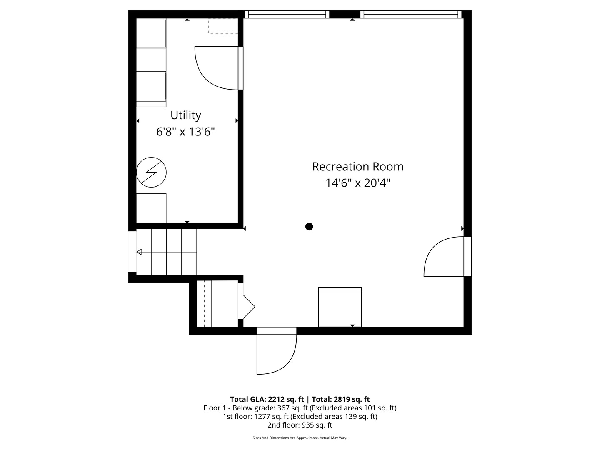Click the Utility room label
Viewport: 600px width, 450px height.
pyautogui.click(x=185, y=115)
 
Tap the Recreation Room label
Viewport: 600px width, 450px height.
pyautogui.click(x=358, y=167)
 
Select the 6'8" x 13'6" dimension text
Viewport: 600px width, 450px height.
pyautogui.click(x=185, y=132)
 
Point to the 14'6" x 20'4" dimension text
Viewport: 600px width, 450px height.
pyautogui.click(x=358, y=183)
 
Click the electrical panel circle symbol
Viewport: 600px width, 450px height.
pyautogui.click(x=151, y=172)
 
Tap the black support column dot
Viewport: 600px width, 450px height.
pyautogui.click(x=309, y=227)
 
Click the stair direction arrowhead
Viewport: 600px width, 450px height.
pyautogui.click(x=139, y=252)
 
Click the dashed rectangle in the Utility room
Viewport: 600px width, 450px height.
pyautogui.click(x=223, y=26)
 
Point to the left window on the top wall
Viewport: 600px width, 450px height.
pyautogui.click(x=287, y=14)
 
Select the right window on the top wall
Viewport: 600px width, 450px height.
pyautogui.click(x=411, y=14)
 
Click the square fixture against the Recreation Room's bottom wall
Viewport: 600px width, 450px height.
pyautogui.click(x=340, y=307)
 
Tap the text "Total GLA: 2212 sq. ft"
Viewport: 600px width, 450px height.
pyautogui.click(x=267, y=399)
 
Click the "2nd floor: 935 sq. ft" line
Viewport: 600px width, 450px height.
pyautogui.click(x=300, y=425)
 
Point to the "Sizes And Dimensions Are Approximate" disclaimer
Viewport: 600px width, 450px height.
pyautogui.click(x=286, y=437)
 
